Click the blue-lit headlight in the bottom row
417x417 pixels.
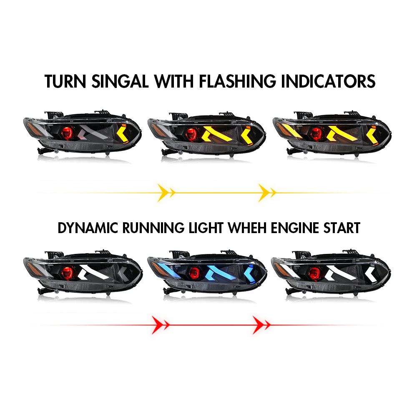[x=207, y=273]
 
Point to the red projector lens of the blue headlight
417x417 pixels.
[x=192, y=274]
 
